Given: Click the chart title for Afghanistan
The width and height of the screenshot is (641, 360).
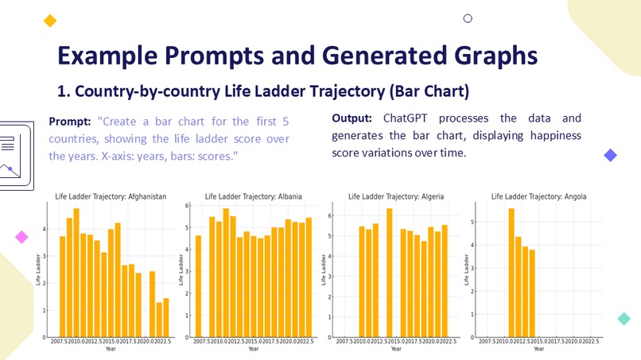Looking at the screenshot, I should (x=111, y=195).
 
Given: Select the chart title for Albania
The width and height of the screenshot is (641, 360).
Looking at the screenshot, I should (x=253, y=195).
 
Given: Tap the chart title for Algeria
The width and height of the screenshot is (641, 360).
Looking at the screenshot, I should (x=396, y=195).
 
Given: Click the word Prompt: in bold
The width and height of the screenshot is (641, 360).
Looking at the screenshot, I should (x=71, y=122).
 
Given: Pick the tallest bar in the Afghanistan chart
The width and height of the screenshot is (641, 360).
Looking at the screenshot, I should (x=76, y=273).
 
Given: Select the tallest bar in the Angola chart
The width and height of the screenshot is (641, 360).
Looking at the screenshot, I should (x=511, y=273).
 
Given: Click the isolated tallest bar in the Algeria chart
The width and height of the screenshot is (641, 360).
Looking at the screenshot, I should (x=389, y=273).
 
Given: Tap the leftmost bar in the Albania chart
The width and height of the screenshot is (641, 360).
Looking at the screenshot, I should (x=198, y=286).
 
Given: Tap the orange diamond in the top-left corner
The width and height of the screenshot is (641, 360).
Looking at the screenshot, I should (x=50, y=21).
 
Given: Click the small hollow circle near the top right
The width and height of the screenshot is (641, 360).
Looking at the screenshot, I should (x=468, y=18).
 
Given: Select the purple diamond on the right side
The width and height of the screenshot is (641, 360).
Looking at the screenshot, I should (x=611, y=155).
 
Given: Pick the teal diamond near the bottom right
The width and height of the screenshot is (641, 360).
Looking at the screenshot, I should (x=624, y=319).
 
